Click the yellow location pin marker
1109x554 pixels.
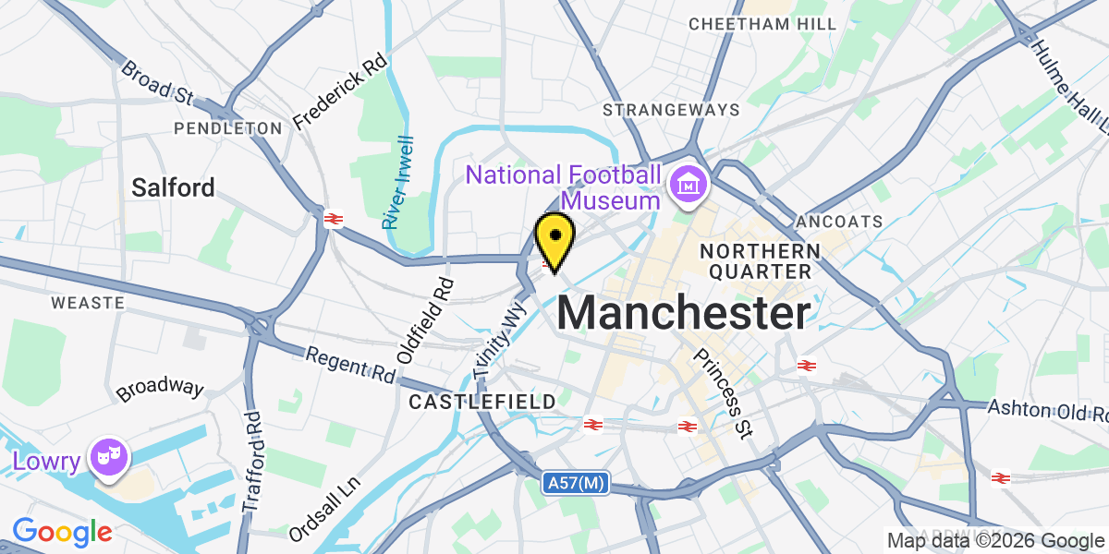coord(554,237)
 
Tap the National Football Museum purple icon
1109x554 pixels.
coord(689,187)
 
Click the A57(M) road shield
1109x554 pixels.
coord(575,482)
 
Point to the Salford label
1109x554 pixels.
coord(173,187)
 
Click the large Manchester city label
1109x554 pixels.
coord(684,314)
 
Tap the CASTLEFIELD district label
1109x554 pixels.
coord(482,402)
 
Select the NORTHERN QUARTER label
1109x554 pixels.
coord(760,260)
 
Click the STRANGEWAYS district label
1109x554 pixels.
coord(671,110)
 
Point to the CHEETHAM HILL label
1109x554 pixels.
coord(762,23)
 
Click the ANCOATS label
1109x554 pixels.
coord(839,222)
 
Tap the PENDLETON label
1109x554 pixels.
coord(227,127)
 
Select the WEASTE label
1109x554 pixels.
coord(88,302)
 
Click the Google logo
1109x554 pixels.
coord(62,532)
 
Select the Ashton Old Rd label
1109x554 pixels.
coord(1047,409)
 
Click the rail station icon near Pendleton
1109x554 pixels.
coord(334,219)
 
